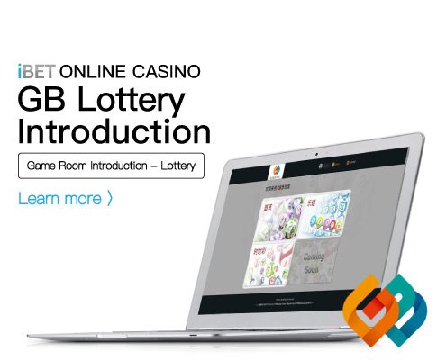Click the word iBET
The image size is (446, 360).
(x=35, y=70)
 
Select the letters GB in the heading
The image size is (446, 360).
(x=40, y=98)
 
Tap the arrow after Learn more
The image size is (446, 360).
(x=109, y=197)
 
